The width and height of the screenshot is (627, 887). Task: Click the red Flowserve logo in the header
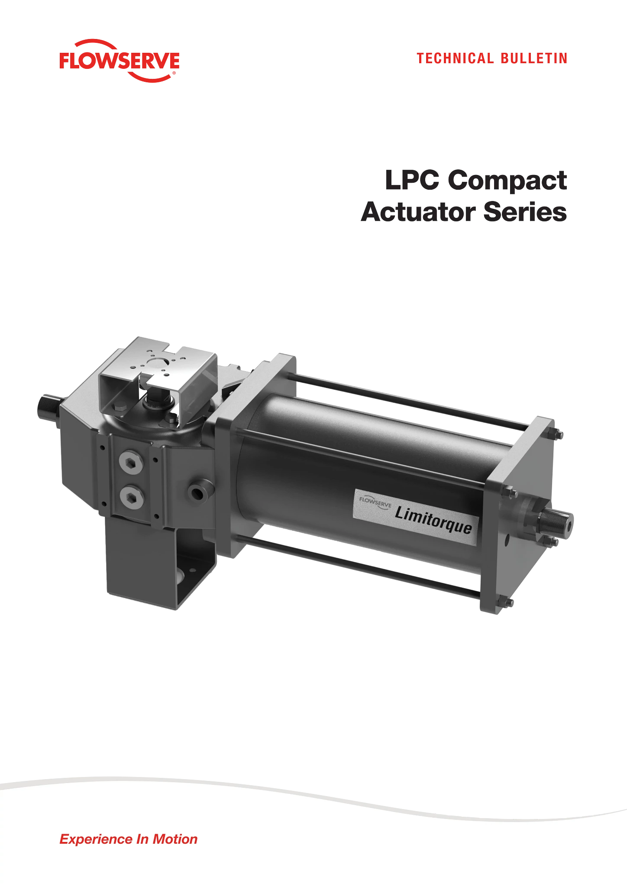tap(119, 61)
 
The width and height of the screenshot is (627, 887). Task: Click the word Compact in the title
tap(507, 181)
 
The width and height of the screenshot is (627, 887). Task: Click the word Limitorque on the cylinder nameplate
tap(433, 519)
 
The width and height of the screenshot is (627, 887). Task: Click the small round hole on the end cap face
tap(507, 541)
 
